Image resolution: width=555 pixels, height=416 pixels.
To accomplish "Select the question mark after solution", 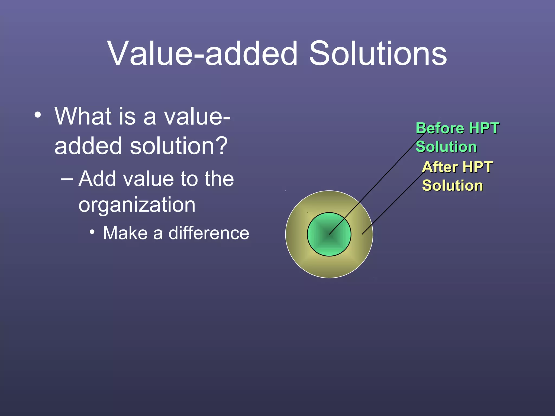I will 222,146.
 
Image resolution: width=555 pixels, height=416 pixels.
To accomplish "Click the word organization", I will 137,205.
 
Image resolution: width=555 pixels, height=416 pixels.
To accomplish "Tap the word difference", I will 209,233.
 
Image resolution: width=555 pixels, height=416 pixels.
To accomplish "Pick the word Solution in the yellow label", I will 453,186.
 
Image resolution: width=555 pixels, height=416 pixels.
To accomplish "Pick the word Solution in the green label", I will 446,147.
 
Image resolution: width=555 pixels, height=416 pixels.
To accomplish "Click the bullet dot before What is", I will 38,115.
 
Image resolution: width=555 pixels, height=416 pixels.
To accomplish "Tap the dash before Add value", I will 67,179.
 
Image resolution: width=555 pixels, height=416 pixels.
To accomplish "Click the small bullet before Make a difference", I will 92,232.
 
